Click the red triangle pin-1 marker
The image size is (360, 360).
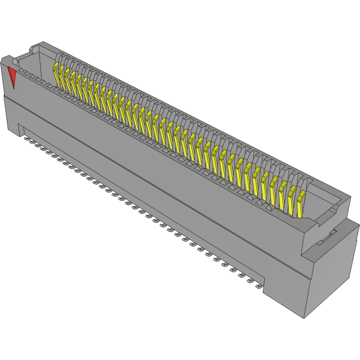tap(12, 76)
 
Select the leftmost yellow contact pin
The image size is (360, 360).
tap(57, 76)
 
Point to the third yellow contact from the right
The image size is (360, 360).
tap(282, 194)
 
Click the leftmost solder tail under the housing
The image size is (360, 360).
tap(27, 138)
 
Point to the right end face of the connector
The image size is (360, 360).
tap(331, 272)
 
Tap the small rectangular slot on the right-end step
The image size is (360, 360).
tap(327, 237)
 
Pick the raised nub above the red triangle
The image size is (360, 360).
tap(7, 59)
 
